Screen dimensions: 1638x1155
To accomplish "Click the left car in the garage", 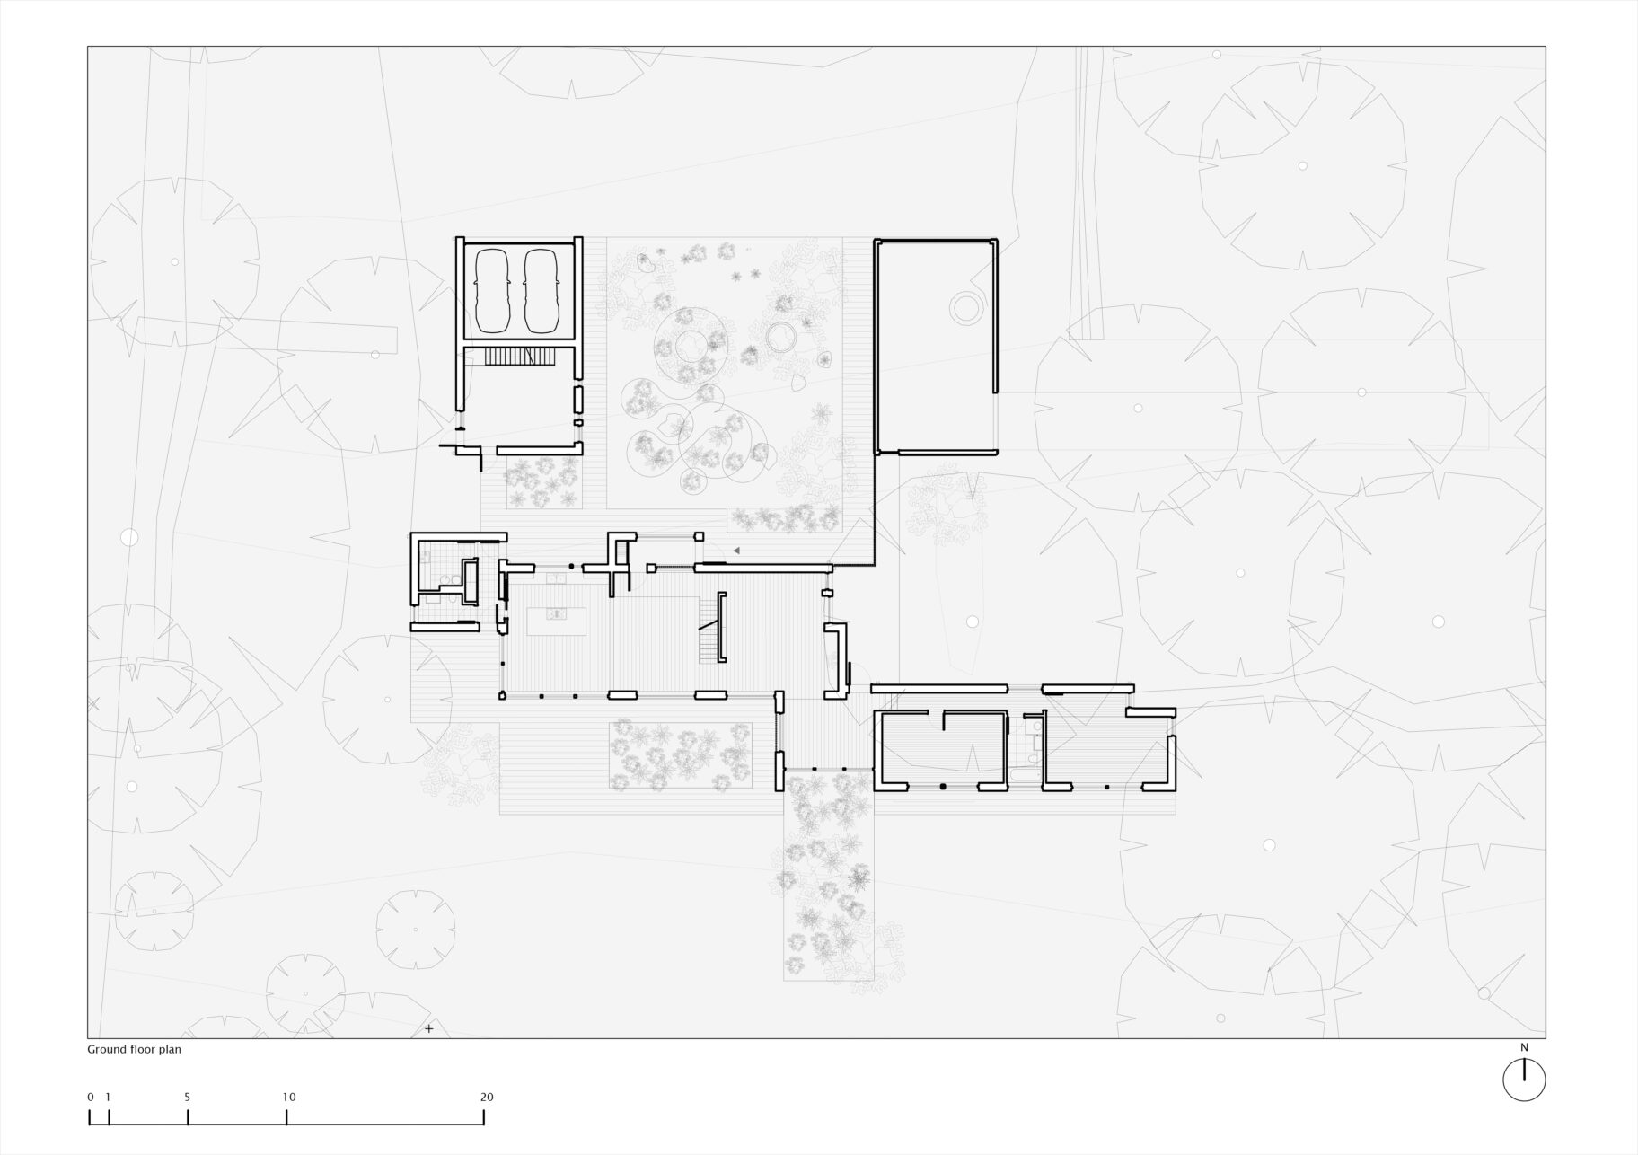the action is pyautogui.click(x=491, y=290).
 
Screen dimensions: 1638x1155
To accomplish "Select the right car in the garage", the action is pyautogui.click(x=542, y=290).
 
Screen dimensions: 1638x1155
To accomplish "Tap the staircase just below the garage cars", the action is pyautogui.click(x=519, y=357).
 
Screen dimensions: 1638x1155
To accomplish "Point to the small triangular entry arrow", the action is pyautogui.click(x=736, y=550).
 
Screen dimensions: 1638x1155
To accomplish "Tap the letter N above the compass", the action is pyautogui.click(x=1524, y=1047).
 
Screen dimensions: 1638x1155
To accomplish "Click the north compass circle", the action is pyautogui.click(x=1524, y=1079).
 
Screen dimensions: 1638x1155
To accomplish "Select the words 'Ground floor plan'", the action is pyautogui.click(x=134, y=1049).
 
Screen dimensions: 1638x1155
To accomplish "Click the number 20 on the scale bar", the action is pyautogui.click(x=486, y=1097).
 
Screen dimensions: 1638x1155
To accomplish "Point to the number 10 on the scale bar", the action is pyautogui.click(x=288, y=1097).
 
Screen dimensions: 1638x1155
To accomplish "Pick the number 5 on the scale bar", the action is pyautogui.click(x=188, y=1097).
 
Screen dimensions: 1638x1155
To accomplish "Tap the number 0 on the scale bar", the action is pyautogui.click(x=91, y=1097).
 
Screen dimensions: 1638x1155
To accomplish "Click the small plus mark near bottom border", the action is pyautogui.click(x=429, y=1028).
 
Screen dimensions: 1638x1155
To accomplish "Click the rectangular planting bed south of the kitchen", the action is pyautogui.click(x=680, y=755).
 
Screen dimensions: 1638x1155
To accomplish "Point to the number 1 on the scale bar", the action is pyautogui.click(x=108, y=1097).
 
